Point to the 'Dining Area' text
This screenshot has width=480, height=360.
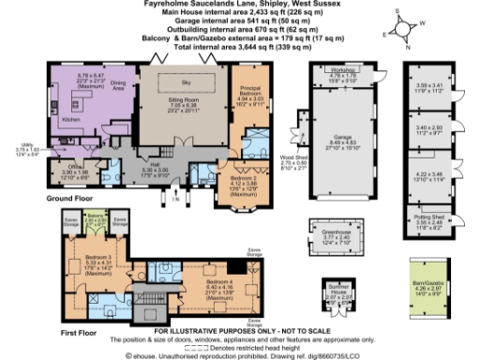(118, 86)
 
